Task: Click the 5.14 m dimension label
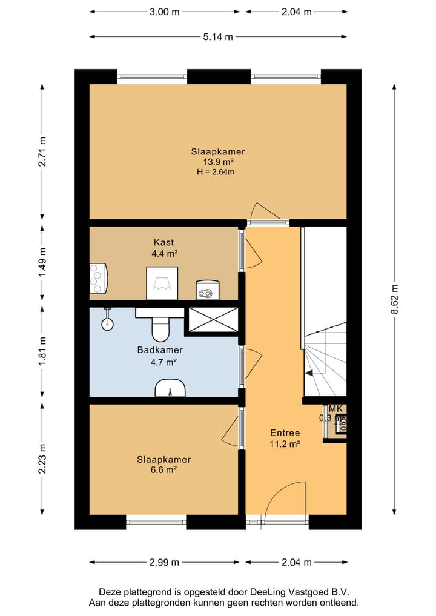218,37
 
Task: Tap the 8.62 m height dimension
394,299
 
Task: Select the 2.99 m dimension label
164,562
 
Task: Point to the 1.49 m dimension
42,262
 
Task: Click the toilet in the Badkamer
160,325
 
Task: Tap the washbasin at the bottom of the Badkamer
170,388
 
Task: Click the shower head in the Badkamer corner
107,319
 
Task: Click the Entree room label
285,433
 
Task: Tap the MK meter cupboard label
335,409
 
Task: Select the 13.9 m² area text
219,162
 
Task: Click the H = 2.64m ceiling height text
216,171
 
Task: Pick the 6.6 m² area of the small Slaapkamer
163,469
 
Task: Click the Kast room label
163,242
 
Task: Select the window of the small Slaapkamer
156,522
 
